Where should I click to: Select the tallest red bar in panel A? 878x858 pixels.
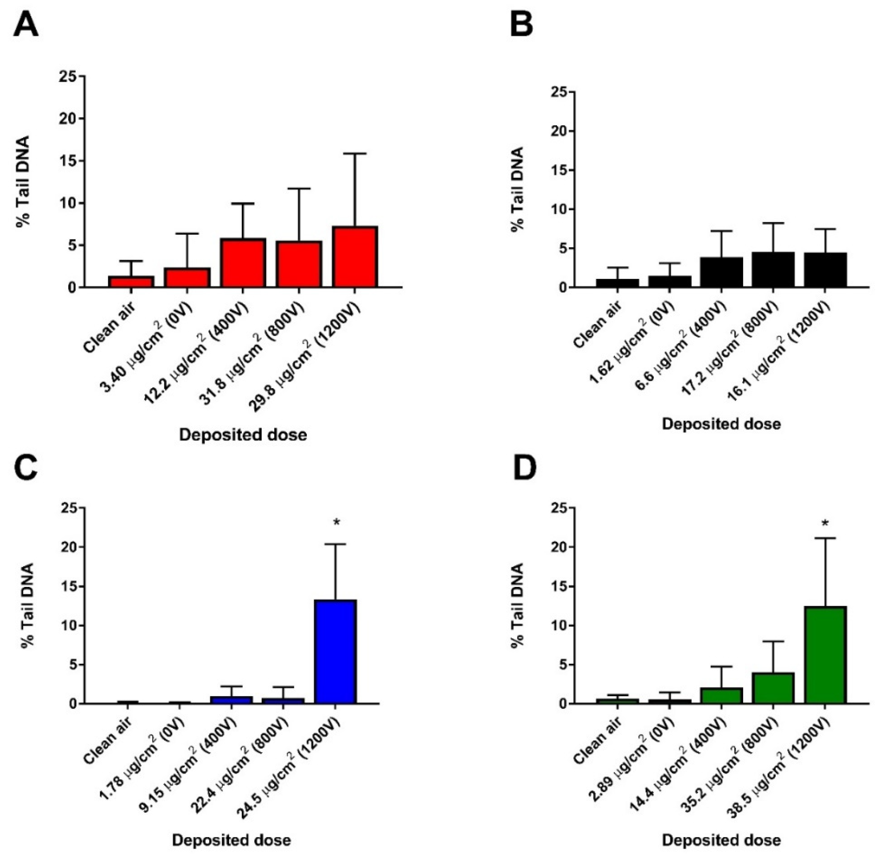pos(355,256)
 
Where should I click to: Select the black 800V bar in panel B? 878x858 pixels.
pos(773,269)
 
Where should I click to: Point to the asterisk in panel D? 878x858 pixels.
pos(825,523)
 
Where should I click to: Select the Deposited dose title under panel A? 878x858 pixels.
pos(243,435)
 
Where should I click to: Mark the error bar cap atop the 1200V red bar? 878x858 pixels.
pos(355,154)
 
